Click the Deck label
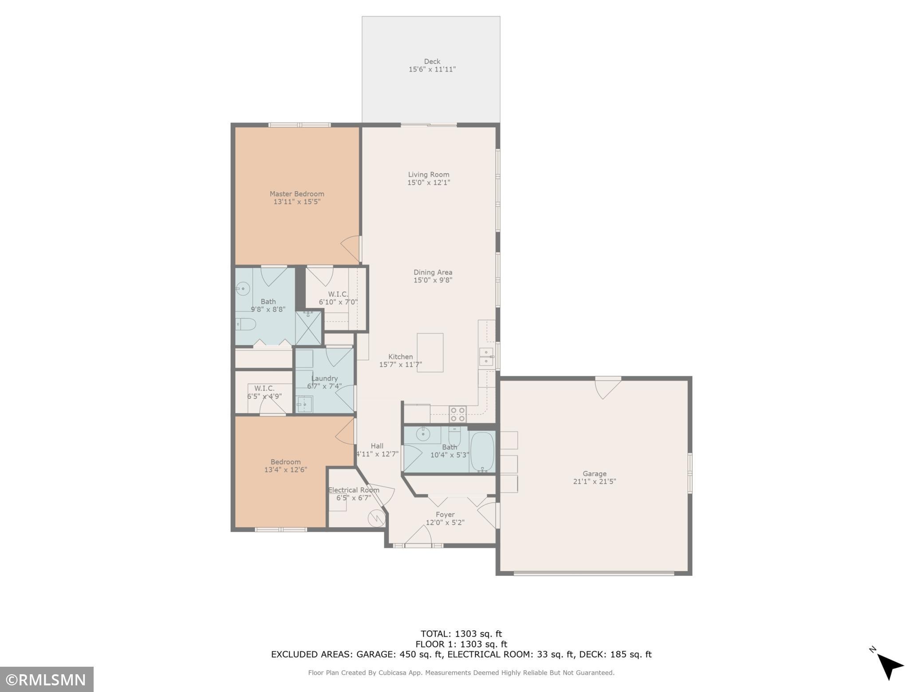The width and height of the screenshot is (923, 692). point(432,61)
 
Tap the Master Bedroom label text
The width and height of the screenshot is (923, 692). point(297,194)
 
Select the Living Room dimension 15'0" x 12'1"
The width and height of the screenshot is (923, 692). point(429,182)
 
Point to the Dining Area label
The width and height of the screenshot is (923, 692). point(433,272)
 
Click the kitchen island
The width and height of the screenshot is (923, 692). point(430,353)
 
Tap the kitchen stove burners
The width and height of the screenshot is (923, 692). point(458,414)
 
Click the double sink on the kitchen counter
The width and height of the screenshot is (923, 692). point(486,357)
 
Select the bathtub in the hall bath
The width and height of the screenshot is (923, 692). point(482,451)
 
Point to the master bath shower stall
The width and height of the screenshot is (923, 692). point(308,328)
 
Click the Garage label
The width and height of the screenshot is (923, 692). point(595,474)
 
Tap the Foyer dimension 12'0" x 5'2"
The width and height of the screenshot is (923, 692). point(445,523)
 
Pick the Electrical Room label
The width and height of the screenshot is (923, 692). point(354,490)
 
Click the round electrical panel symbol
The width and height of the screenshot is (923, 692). point(377,518)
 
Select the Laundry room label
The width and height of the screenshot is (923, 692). point(324,378)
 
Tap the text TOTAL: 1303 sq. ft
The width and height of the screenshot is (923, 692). point(461,634)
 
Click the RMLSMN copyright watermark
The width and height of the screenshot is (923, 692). point(47,680)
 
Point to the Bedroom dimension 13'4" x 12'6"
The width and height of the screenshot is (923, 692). point(286,470)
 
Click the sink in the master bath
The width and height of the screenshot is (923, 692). point(242,289)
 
